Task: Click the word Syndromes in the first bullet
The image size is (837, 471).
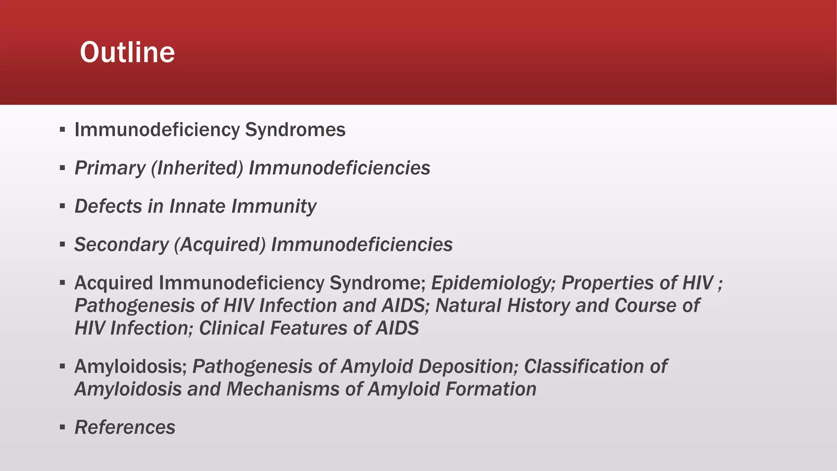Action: (295, 130)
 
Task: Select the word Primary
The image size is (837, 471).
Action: (110, 168)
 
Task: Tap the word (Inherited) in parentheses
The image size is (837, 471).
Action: (197, 168)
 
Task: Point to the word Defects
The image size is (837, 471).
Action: (108, 206)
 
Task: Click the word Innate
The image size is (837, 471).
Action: (197, 206)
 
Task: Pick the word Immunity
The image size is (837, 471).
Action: (274, 206)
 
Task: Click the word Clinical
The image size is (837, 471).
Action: (231, 328)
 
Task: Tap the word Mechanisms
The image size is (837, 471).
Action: (283, 389)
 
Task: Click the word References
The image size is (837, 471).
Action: (125, 427)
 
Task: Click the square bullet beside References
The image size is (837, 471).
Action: (62, 428)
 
